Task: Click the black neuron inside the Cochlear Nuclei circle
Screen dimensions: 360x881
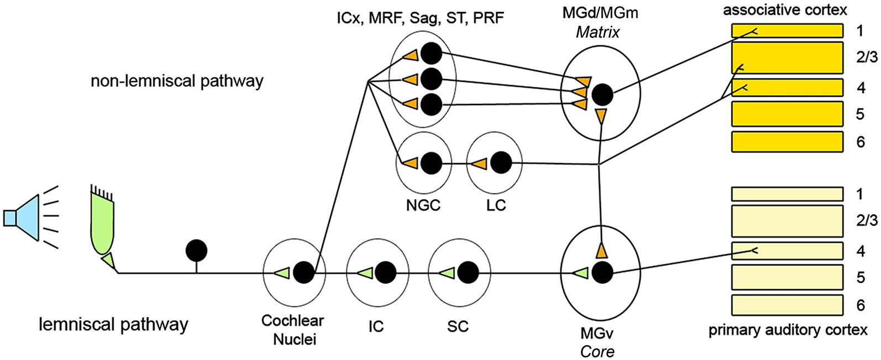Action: [303, 272]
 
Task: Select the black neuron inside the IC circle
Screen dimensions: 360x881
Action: [386, 272]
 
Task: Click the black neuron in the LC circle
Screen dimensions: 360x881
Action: [502, 163]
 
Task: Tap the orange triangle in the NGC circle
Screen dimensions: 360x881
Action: [410, 164]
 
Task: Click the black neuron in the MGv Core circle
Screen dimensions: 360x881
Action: [602, 272]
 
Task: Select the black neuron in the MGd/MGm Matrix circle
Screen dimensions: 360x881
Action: [602, 95]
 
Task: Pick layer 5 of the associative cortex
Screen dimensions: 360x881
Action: [787, 114]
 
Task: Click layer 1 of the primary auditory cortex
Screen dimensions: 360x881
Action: [787, 194]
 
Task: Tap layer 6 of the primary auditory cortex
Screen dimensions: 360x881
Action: [787, 305]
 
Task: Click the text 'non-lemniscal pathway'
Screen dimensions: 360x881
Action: [177, 81]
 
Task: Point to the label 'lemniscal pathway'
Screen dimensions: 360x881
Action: [113, 324]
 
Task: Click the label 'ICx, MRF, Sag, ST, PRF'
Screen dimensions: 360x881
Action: [420, 18]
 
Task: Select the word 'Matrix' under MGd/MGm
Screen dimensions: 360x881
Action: [597, 32]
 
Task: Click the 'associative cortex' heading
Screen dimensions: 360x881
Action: [784, 9]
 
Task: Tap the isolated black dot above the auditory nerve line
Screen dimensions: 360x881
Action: [196, 251]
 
